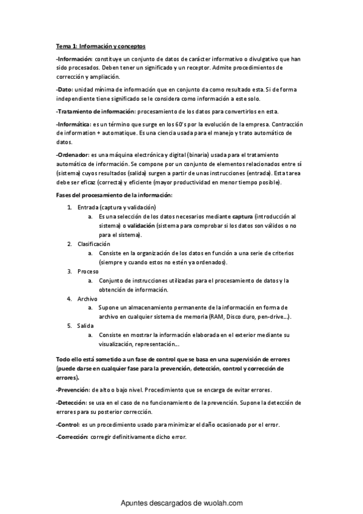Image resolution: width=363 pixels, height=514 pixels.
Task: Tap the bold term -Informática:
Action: (73, 124)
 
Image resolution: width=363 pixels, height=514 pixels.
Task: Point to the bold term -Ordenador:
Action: (72, 156)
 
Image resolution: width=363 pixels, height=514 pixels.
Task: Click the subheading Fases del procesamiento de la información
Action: (114, 195)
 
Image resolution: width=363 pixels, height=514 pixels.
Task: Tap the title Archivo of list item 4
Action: (88, 299)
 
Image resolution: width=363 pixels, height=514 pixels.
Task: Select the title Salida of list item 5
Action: (86, 325)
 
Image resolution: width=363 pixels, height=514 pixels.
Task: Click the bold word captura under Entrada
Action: (243, 216)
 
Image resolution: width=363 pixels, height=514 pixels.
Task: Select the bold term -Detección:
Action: (71, 402)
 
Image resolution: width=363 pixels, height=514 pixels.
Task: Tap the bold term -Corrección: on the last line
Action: (72, 436)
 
